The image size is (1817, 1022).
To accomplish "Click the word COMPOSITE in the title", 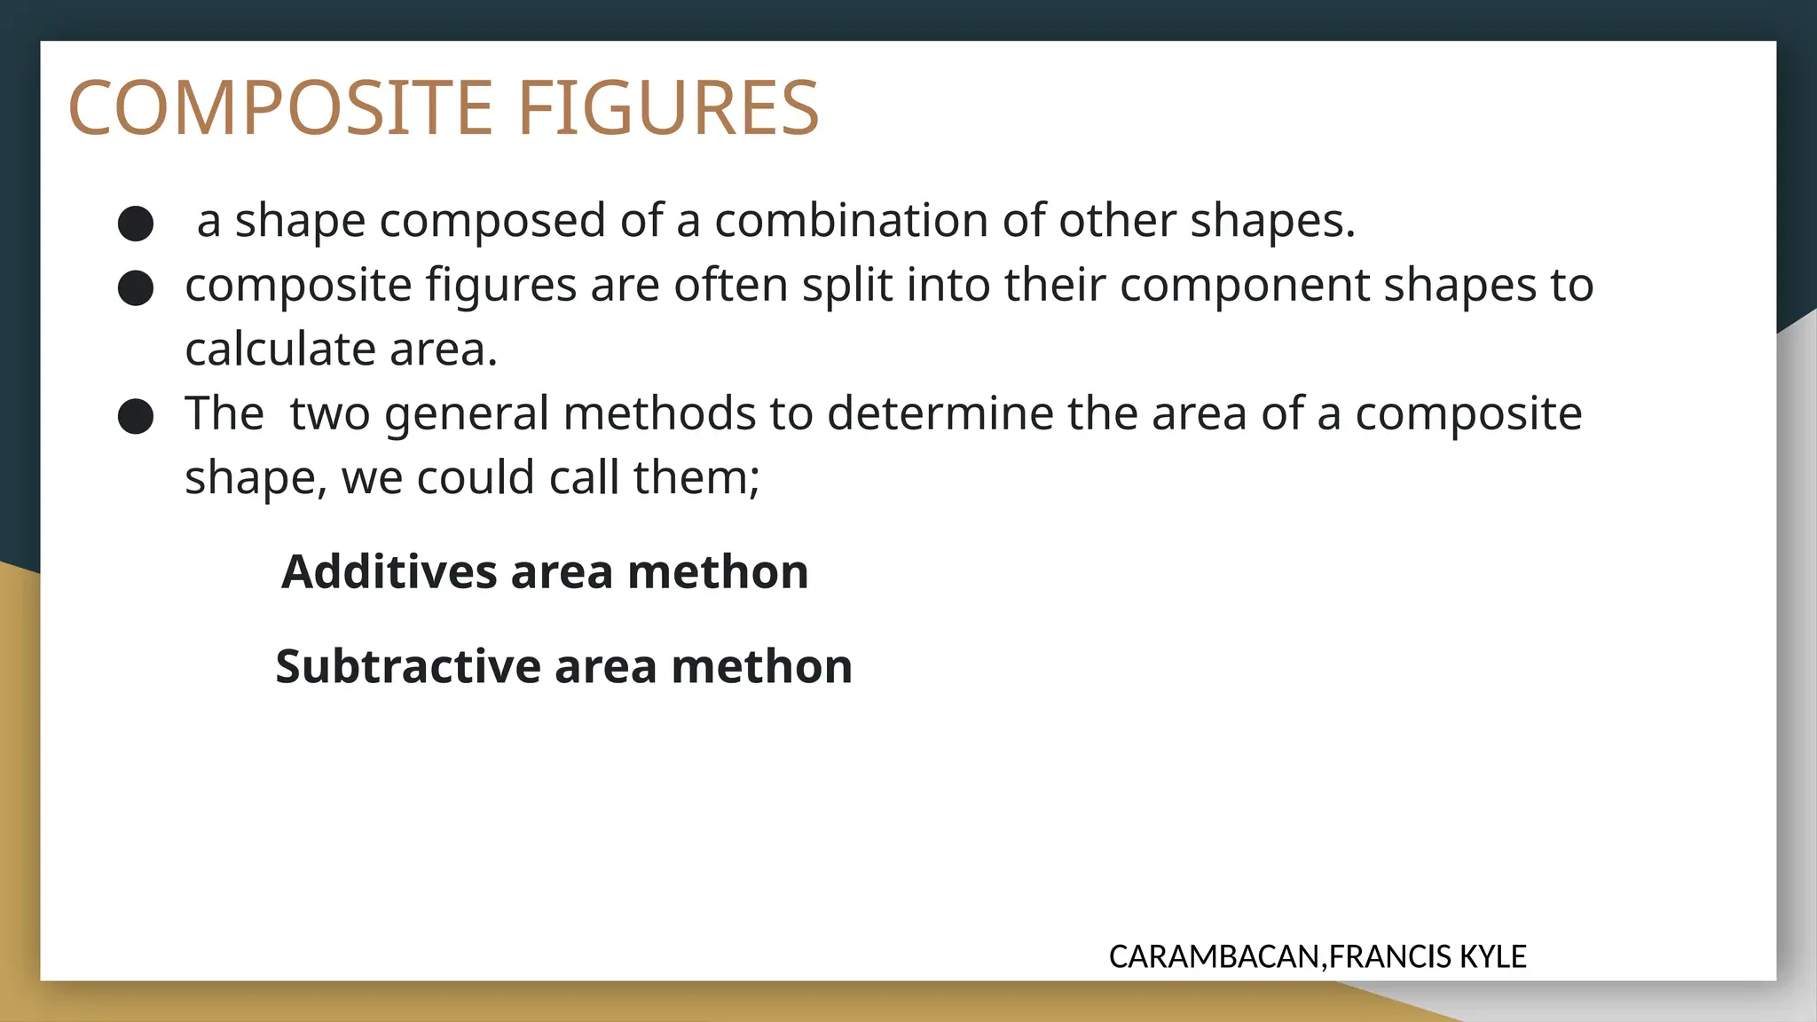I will pyautogui.click(x=280, y=108).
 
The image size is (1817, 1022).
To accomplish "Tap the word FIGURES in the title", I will pyautogui.click(x=668, y=108).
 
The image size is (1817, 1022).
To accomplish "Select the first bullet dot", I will pyautogui.click(x=136, y=224).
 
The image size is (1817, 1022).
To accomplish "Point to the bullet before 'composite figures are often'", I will pyautogui.click(x=136, y=288).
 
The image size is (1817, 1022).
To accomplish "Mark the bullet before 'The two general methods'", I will pyautogui.click(x=136, y=416).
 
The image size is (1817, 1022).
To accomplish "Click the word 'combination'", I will pyautogui.click(x=852, y=220).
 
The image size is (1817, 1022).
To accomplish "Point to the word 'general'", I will pyautogui.click(x=467, y=415).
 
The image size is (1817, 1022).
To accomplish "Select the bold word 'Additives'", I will pyautogui.click(x=389, y=571).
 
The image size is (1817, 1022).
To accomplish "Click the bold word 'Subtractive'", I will pyautogui.click(x=408, y=666).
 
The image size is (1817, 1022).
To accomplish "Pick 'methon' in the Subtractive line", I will pyautogui.click(x=761, y=666).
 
